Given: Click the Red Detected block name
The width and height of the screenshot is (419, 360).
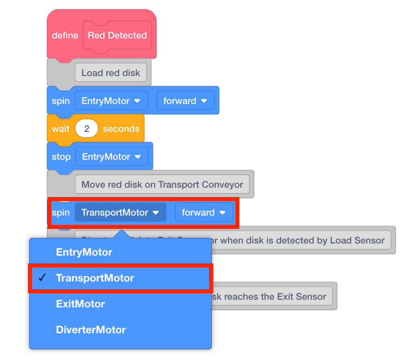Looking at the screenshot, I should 117,36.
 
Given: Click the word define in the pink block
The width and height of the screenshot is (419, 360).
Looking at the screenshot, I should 65,36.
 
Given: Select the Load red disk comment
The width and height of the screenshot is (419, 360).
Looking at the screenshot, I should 110,73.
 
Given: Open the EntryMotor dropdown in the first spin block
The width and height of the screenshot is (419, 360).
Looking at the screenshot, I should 111,101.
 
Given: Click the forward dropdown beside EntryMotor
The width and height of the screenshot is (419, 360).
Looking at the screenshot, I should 185,101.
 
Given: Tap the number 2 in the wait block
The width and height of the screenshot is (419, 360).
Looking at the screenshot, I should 87,129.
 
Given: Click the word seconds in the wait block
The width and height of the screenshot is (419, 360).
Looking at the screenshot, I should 121,129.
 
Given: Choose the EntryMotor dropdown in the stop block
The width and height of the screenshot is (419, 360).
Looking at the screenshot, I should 111,157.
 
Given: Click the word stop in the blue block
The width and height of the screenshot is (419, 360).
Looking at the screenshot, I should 61,157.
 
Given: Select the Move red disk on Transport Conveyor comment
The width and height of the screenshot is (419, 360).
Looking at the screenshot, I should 162,185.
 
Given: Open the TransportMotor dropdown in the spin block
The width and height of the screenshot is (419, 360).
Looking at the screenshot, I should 120,213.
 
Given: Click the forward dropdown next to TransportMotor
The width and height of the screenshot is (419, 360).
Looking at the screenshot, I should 204,213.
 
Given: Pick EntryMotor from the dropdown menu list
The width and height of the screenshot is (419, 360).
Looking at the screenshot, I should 84,252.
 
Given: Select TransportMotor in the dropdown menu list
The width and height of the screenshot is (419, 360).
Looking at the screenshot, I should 95,278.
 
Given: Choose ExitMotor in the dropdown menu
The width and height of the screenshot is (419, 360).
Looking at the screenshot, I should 80,304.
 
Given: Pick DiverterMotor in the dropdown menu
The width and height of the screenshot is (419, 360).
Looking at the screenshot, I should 91,330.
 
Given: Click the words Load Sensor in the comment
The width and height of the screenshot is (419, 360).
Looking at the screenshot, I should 357,241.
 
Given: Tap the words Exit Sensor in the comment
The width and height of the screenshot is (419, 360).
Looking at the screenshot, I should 301,297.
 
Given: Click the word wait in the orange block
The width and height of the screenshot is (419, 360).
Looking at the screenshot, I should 61,129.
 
